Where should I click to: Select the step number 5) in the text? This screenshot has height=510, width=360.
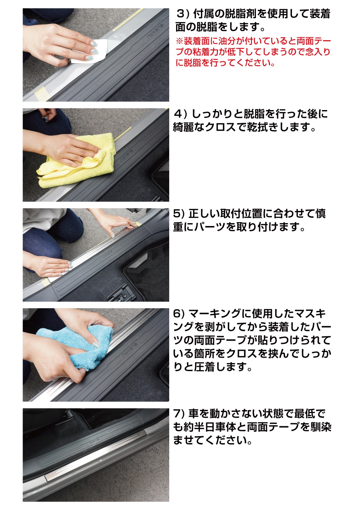coord(179,214)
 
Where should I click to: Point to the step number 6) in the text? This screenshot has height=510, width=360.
coord(179,314)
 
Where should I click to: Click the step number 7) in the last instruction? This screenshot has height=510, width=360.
coord(179,414)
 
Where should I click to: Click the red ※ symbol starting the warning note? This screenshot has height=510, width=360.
coord(179,41)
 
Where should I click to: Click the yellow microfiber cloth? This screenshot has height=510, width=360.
coord(79,164)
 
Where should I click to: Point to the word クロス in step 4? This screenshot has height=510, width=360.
coord(220,127)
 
